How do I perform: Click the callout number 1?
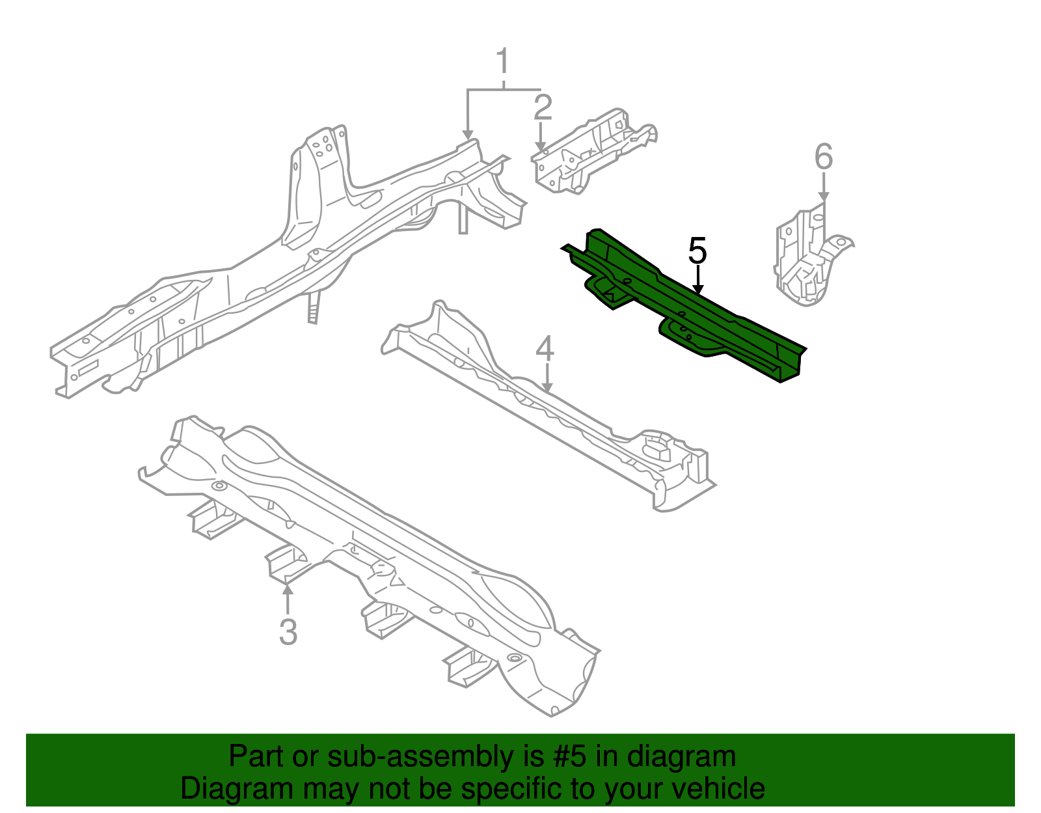(x=502, y=62)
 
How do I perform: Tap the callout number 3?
(x=288, y=631)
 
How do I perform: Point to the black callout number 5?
(x=697, y=251)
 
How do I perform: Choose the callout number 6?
(x=824, y=158)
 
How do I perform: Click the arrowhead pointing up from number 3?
(x=288, y=589)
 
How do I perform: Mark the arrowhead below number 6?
(x=824, y=196)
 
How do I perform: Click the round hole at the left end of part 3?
(x=219, y=486)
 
